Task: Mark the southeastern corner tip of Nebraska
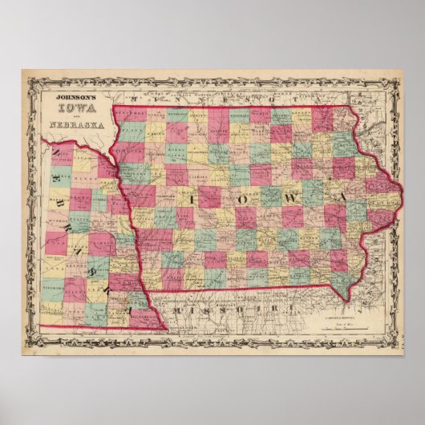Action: point(166,330)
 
